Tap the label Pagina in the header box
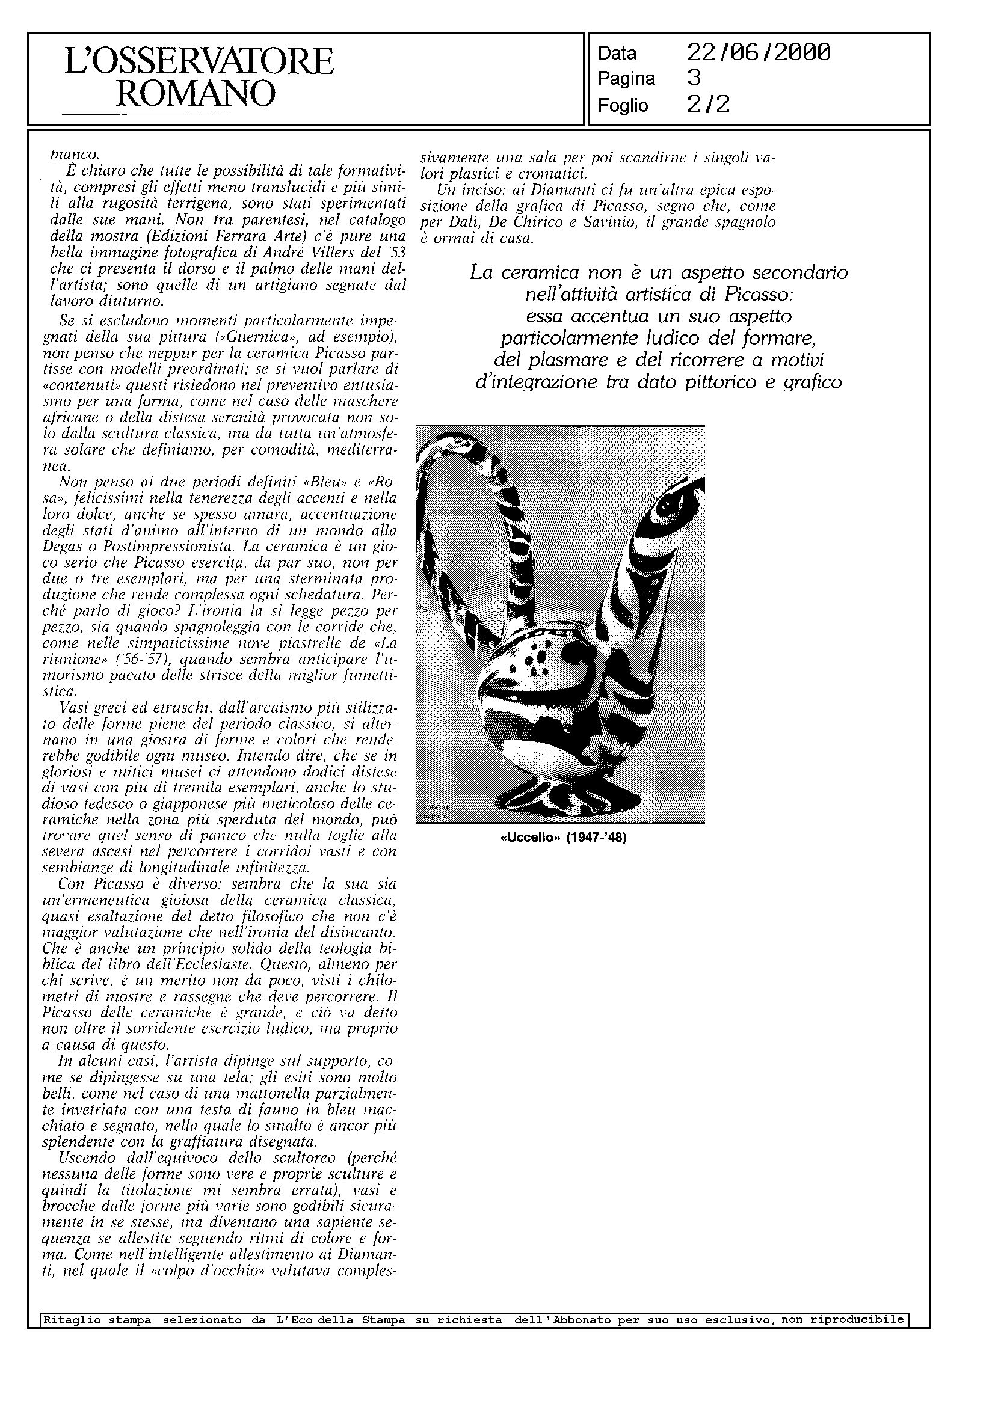coord(626,79)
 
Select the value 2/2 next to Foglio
coord(708,105)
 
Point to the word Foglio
coord(623,106)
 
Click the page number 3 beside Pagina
coord(694,78)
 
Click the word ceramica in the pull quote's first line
coord(541,273)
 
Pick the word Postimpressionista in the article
coord(153,547)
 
